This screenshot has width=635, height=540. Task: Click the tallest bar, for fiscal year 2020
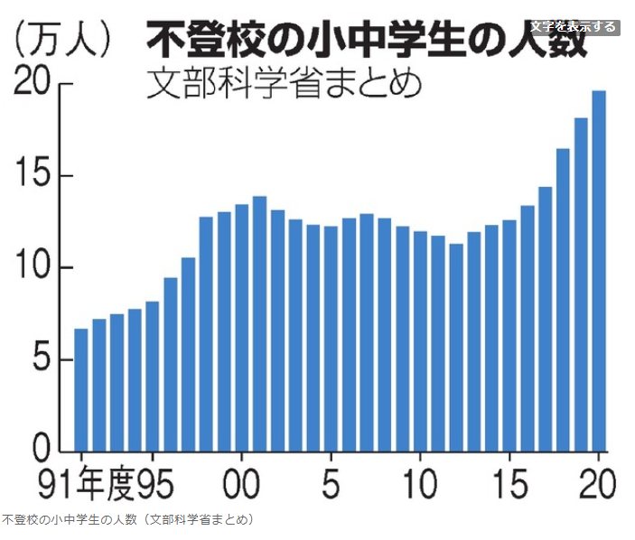(x=598, y=271)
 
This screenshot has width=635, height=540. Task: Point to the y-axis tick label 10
(x=35, y=268)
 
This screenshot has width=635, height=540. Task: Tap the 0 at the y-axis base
(x=45, y=450)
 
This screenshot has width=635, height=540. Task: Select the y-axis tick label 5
(x=45, y=359)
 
